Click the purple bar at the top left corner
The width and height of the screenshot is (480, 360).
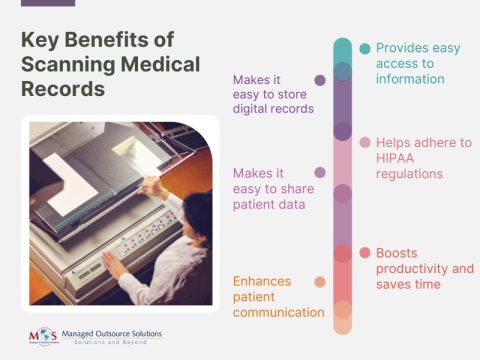point(48,3)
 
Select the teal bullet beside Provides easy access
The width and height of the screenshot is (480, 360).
point(365,48)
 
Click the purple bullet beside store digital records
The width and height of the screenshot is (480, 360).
point(319,80)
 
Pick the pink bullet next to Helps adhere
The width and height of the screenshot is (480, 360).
point(365,142)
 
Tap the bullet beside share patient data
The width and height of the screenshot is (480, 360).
point(319,172)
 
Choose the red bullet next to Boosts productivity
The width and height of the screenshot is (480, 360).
point(365,251)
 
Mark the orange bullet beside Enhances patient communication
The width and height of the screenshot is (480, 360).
point(319,282)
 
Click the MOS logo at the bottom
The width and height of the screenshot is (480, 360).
point(40,335)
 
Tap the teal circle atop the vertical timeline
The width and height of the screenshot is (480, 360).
point(342,48)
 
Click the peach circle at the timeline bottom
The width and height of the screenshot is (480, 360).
point(342,324)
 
